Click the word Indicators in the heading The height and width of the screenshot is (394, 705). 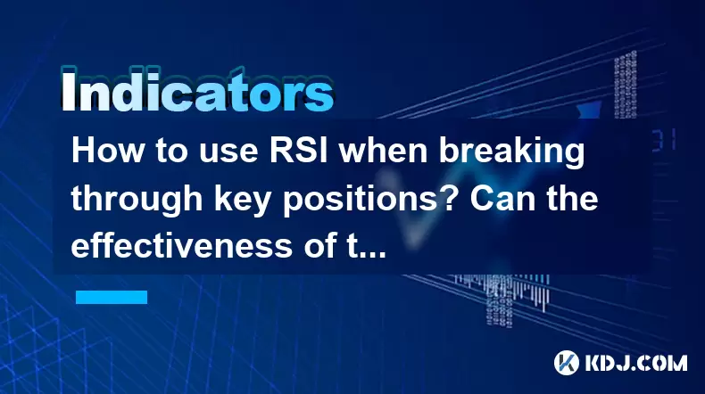click(197, 90)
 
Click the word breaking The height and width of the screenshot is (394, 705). click(511, 152)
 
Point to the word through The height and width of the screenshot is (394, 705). click(137, 200)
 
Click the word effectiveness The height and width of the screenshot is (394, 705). click(182, 245)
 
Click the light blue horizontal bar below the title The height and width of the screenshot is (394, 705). click(112, 297)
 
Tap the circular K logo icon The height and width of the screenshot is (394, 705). click(567, 363)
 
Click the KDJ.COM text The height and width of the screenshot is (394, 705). click(636, 363)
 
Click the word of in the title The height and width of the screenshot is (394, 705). click(319, 245)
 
